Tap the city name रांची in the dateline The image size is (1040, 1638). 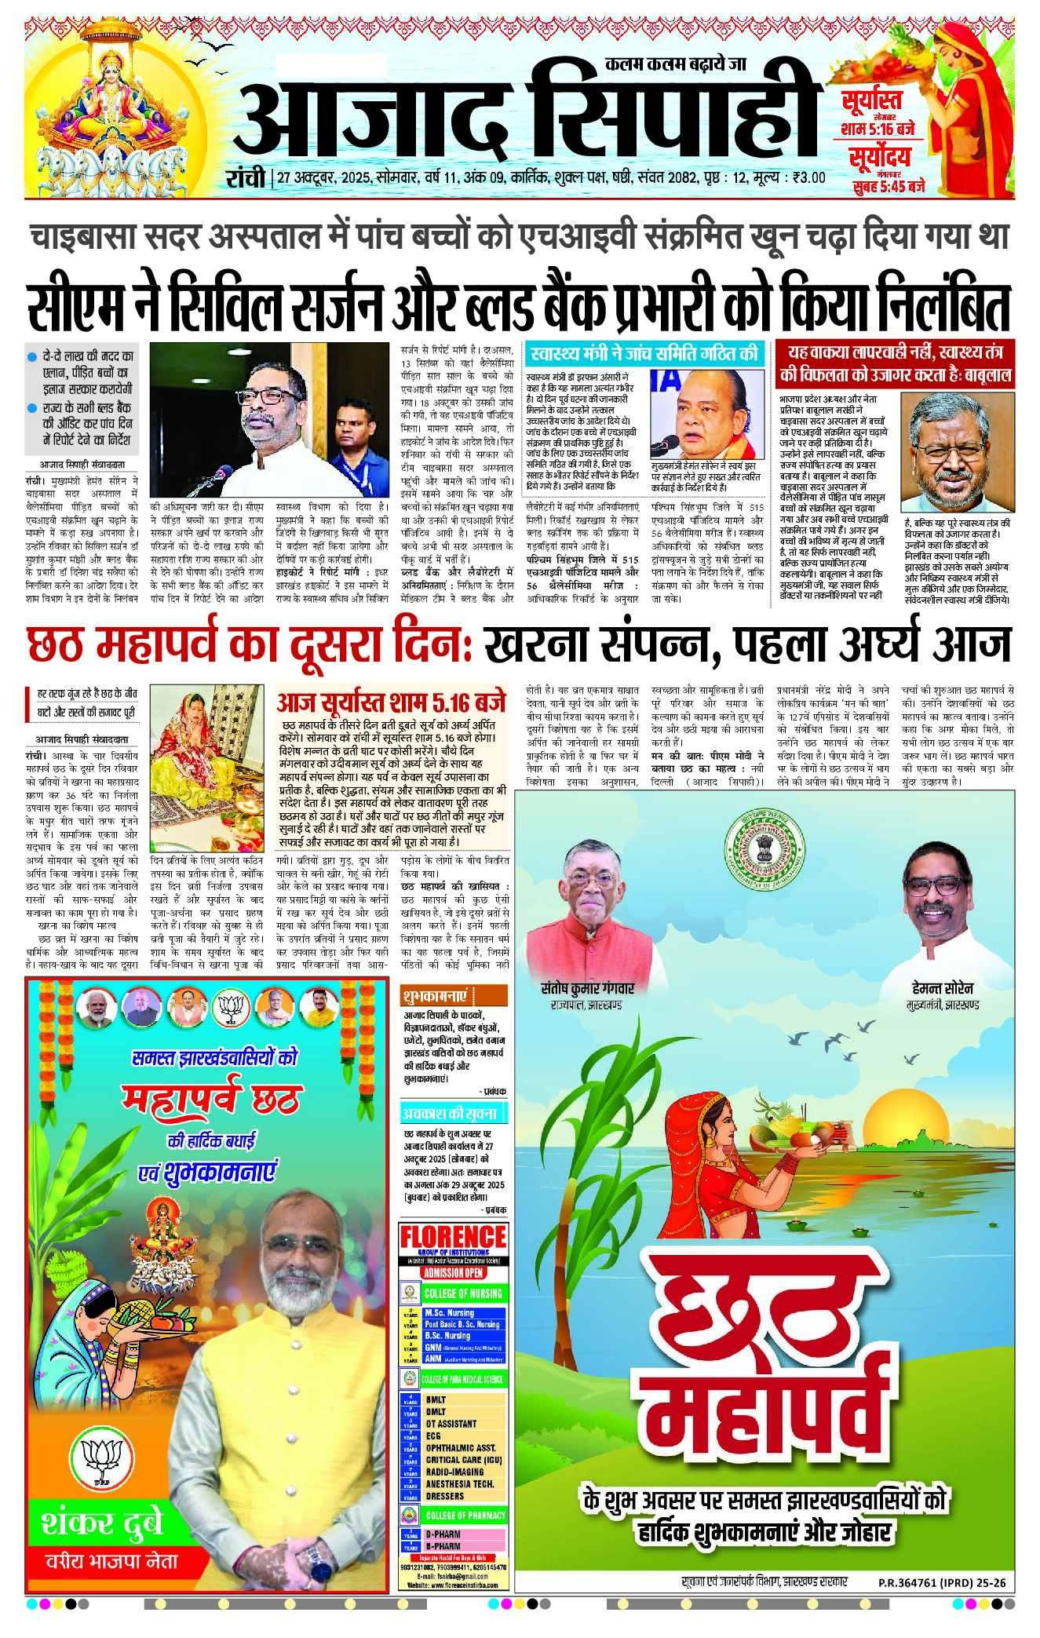(245, 178)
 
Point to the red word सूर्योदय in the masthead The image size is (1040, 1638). (879, 156)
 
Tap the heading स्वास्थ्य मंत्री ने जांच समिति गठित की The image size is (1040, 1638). (644, 354)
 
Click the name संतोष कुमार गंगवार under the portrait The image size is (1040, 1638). (587, 988)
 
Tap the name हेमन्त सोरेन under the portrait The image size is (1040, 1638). (943, 988)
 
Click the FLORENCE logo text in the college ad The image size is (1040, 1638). (453, 1238)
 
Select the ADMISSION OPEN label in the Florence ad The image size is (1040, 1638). (453, 1272)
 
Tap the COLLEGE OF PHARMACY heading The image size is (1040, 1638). (465, 1516)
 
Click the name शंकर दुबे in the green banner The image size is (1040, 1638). (102, 1523)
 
